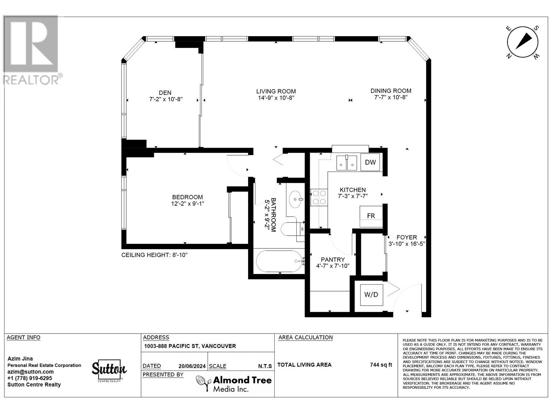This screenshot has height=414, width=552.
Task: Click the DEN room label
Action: [165, 92]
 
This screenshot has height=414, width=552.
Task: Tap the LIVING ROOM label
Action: [276, 91]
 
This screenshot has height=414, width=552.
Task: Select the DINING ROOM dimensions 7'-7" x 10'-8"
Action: [391, 98]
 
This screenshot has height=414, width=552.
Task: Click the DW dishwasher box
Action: [370, 162]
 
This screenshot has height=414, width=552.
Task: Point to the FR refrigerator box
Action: [371, 216]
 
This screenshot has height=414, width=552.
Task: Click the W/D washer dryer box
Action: [371, 294]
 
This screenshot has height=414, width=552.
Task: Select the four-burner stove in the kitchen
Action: [319, 198]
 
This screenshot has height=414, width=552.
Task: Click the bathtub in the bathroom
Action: [279, 261]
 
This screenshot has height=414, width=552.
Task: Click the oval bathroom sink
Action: [296, 199]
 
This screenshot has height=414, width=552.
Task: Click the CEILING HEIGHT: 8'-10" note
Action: [154, 255]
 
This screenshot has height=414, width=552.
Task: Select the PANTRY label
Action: [333, 259]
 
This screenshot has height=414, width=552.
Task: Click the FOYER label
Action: [406, 237]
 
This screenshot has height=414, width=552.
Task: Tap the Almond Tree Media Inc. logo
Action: [234, 384]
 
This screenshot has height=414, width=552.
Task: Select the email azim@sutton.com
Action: [30, 372]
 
